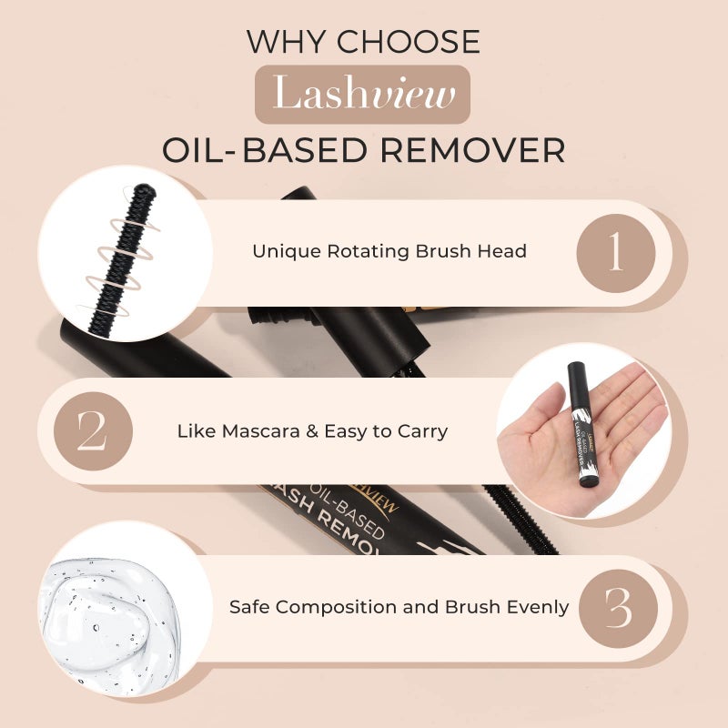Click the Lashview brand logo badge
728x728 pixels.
coord(362,95)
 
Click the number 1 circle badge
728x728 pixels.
coord(616,251)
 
